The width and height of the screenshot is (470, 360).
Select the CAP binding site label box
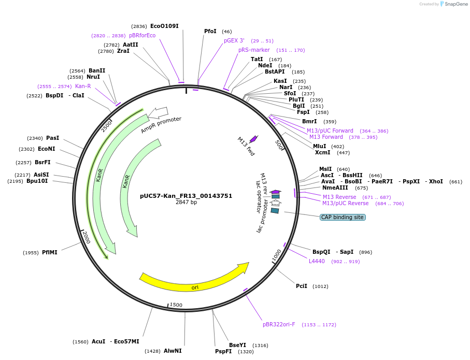(x=343, y=217)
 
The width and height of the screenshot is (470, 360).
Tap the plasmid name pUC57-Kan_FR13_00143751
(x=186, y=196)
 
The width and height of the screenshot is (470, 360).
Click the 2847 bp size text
(x=186, y=203)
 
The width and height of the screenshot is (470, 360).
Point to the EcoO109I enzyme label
(x=164, y=26)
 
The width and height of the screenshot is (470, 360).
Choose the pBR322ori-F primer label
(x=279, y=325)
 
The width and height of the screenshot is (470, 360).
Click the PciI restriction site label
(x=302, y=286)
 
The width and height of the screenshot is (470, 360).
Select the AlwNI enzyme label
(x=173, y=351)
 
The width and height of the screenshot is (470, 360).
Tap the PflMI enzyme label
(x=50, y=252)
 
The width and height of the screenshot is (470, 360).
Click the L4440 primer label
(x=317, y=261)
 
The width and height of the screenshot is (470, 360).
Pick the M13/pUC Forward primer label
(x=330, y=131)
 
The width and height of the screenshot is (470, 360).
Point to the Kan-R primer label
(x=83, y=86)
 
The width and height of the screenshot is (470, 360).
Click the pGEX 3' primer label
(x=234, y=40)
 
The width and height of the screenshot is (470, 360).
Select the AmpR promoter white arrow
(x=159, y=112)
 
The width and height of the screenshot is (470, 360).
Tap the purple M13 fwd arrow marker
(x=253, y=139)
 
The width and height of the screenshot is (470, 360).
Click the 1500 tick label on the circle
(x=176, y=305)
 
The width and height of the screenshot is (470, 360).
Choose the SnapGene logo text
(x=454, y=4)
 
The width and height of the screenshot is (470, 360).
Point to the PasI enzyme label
(x=53, y=138)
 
